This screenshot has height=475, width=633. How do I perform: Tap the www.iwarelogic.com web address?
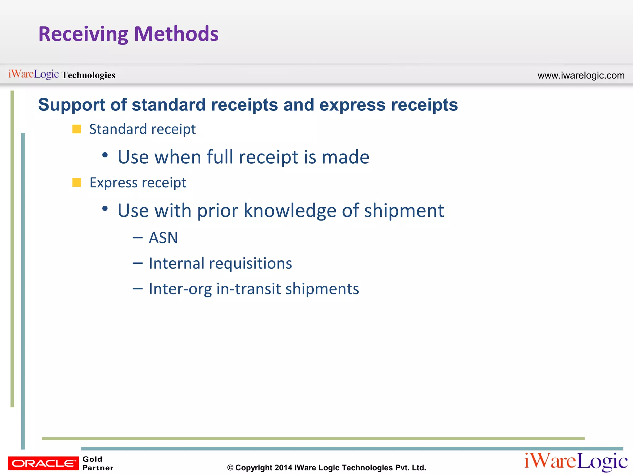581,75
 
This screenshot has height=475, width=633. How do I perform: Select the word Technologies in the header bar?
88,75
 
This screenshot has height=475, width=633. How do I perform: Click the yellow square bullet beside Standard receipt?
77,129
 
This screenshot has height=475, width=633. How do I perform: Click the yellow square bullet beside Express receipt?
77,182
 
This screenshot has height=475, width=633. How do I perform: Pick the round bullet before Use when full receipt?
105,155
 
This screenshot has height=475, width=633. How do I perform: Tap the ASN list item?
163,238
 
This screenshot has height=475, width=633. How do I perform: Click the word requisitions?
250,263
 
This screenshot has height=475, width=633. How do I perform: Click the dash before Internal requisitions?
138,263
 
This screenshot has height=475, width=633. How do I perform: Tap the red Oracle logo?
43,463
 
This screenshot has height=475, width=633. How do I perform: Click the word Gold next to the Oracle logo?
92,459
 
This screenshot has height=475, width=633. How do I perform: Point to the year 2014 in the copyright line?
283,468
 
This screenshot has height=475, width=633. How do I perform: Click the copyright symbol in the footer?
230,468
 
